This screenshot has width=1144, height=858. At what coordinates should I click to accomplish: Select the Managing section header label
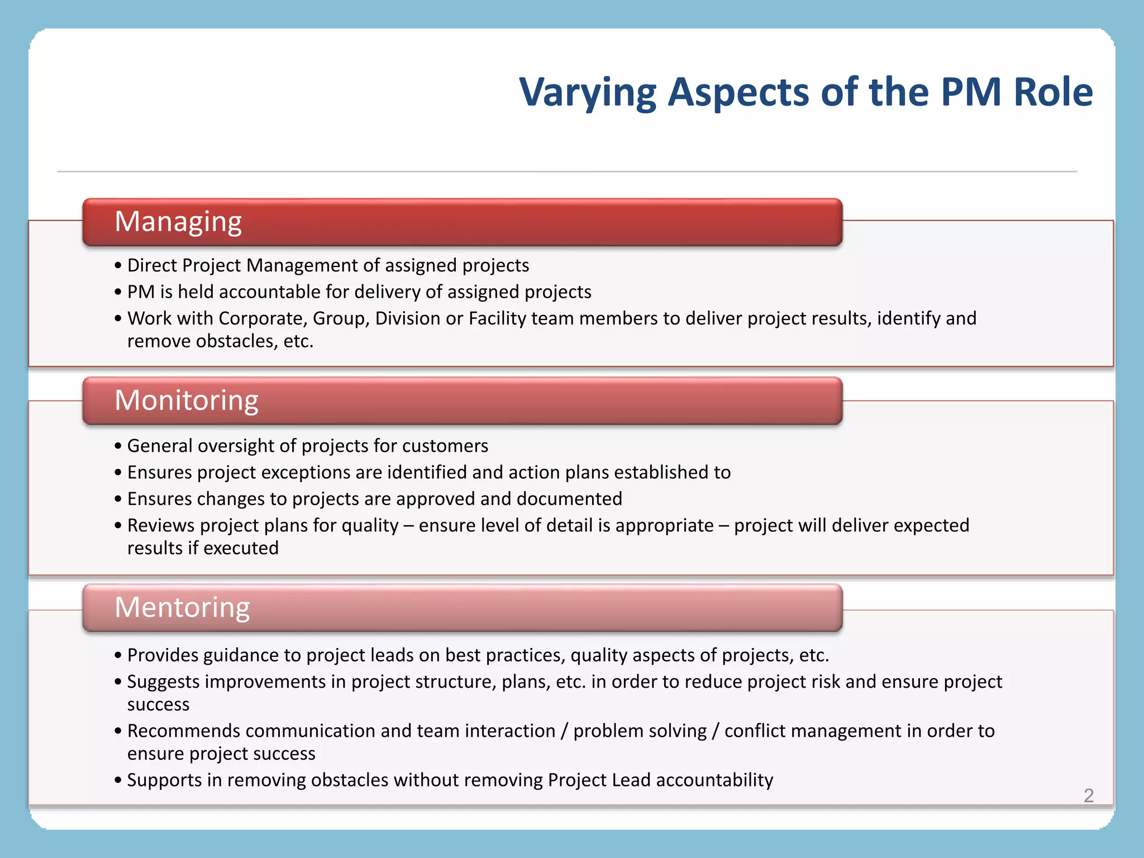pyautogui.click(x=178, y=222)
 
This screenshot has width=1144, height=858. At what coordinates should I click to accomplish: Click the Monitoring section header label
pyautogui.click(x=187, y=401)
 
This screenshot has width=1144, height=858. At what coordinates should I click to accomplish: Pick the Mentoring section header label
pyautogui.click(x=182, y=607)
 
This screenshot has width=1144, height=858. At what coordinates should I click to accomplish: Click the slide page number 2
pyautogui.click(x=1089, y=795)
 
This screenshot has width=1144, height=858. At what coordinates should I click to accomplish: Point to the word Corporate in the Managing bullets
pyautogui.click(x=263, y=318)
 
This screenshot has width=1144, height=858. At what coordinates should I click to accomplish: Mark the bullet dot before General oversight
pyautogui.click(x=118, y=446)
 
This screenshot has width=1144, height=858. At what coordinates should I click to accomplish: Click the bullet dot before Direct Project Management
pyautogui.click(x=118, y=266)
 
